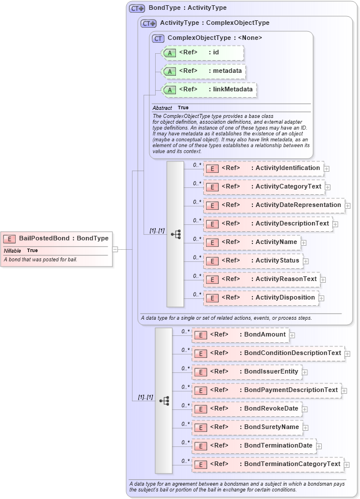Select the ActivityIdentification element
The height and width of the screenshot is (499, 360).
[x=263, y=168]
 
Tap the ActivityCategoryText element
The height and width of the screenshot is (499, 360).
[x=263, y=187]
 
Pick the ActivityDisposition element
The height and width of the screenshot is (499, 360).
[x=260, y=298]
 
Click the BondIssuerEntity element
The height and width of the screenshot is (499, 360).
[x=247, y=372]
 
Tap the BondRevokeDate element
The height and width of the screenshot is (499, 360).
[x=247, y=409]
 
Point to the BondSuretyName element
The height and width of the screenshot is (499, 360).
[x=247, y=427]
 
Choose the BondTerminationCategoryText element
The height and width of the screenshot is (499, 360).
[x=267, y=464]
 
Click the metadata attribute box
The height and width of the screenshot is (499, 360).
[x=203, y=71]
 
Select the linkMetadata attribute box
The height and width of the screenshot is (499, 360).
[x=208, y=90]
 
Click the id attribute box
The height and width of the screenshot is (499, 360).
[x=203, y=53]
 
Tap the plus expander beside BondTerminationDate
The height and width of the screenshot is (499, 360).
[x=319, y=446]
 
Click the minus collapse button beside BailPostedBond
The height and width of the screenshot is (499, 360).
[x=116, y=249]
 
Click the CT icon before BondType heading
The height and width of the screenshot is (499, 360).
[x=137, y=8]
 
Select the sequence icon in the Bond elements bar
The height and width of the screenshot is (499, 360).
[x=164, y=400]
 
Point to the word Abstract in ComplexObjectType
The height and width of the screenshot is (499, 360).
[x=162, y=108]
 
